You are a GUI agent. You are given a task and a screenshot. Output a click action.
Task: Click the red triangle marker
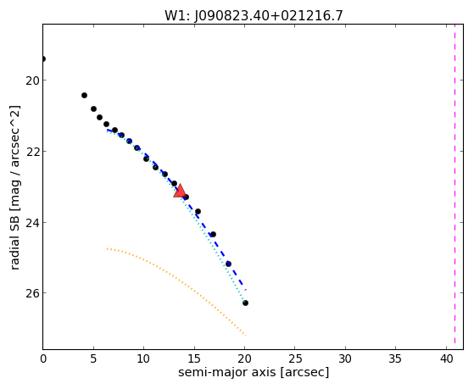coord(180,191)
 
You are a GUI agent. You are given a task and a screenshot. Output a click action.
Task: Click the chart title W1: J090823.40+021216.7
coord(254,16)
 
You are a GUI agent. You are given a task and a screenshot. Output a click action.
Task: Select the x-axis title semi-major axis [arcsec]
coord(254,372)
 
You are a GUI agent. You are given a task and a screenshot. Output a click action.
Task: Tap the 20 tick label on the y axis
coord(32,81)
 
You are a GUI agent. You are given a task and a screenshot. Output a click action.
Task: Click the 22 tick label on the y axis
coord(32,152)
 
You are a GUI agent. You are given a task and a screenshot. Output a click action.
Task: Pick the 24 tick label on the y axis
coord(32,223)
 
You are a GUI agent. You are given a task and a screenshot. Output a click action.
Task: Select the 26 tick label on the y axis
coord(32,293)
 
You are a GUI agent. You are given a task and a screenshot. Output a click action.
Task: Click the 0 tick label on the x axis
coord(43,358)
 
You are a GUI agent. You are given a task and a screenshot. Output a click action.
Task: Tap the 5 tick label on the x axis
coord(93,358)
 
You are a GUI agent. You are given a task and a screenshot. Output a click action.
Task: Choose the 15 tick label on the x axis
coord(194,358)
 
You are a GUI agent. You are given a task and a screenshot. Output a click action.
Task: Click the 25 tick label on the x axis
coord(295,358)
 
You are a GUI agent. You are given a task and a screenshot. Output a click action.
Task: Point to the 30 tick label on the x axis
coord(345,358)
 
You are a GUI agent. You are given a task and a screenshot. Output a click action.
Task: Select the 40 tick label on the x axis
coord(446,358)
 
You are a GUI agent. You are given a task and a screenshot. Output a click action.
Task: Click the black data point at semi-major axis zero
coord(43,58)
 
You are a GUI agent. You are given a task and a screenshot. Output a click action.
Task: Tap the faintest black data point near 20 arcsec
coord(245,303)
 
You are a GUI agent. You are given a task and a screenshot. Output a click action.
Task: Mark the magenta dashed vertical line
coord(454,186)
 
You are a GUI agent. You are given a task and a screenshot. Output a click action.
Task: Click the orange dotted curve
coord(177,279)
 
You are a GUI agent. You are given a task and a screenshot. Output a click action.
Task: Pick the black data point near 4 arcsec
coord(84,95)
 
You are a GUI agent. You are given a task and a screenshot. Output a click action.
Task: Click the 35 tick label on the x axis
coord(395,358)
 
